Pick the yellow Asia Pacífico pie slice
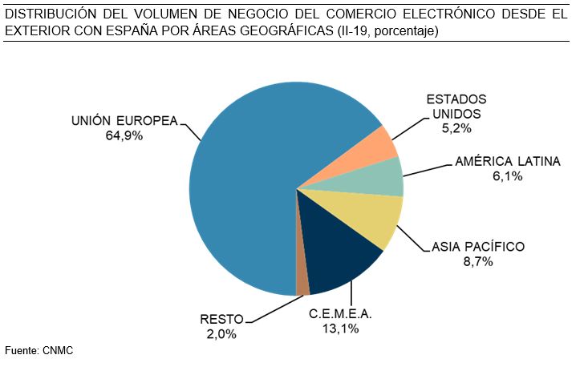point(369,216)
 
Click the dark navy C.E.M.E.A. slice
point(337,260)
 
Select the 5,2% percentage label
point(456,128)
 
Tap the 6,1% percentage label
point(507,176)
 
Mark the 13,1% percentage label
point(341,329)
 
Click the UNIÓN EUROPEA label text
point(124,121)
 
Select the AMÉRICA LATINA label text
point(507,161)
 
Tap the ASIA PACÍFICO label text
point(478,246)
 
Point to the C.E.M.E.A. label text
point(341,313)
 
